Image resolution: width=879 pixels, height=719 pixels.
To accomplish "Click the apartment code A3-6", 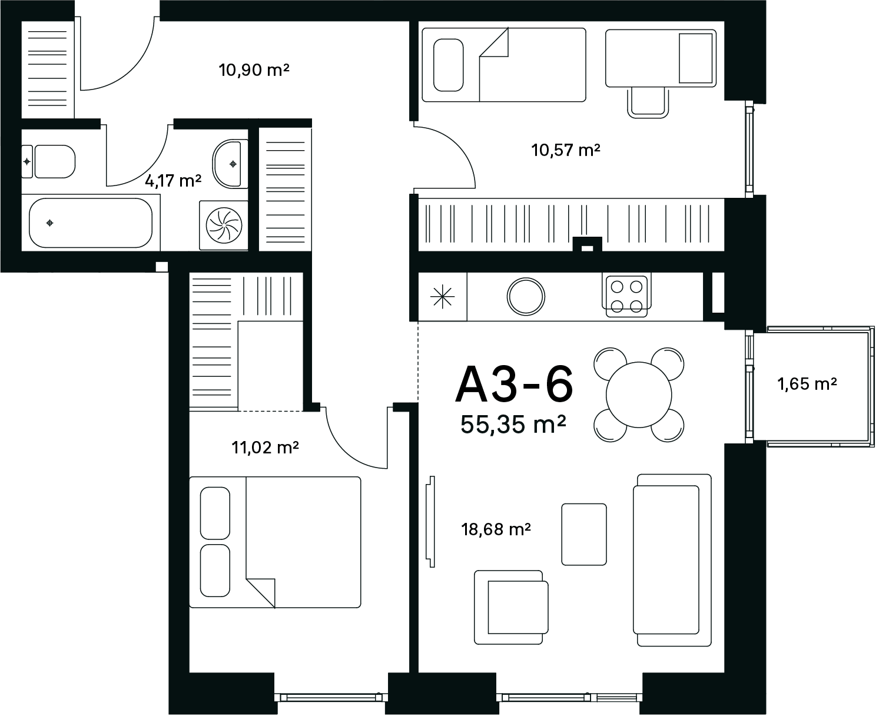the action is (514, 384).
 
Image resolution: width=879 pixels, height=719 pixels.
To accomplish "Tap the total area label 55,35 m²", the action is (513, 425).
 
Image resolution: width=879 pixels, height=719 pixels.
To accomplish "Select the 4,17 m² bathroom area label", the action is (173, 181).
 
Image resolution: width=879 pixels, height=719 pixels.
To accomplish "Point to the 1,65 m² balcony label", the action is (807, 383).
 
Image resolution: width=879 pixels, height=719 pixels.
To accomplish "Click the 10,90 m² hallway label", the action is (254, 69).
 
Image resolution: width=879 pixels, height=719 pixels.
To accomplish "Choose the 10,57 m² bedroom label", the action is (566, 150).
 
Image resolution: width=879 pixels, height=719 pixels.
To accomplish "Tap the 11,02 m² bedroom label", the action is (265, 447).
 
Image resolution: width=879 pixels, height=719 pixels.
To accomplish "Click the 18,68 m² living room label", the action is (496, 529).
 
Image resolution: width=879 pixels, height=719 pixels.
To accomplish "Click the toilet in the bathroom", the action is (49, 161).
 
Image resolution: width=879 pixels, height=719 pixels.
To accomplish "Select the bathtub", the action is (91, 223).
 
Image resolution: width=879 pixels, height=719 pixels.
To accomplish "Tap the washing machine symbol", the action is (224, 226).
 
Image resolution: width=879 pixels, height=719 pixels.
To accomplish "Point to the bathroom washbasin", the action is (230, 164).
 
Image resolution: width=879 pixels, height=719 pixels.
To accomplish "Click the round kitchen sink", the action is (526, 297).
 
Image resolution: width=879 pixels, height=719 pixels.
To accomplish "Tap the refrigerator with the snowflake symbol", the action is (442, 297).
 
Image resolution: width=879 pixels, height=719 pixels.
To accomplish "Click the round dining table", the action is (639, 395).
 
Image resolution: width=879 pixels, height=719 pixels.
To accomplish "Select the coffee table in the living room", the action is (584, 534).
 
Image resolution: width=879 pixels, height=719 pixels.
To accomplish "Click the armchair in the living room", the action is (511, 608).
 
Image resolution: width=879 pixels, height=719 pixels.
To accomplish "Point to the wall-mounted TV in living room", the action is (430, 522).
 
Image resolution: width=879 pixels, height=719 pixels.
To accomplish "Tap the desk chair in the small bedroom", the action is (648, 102).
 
